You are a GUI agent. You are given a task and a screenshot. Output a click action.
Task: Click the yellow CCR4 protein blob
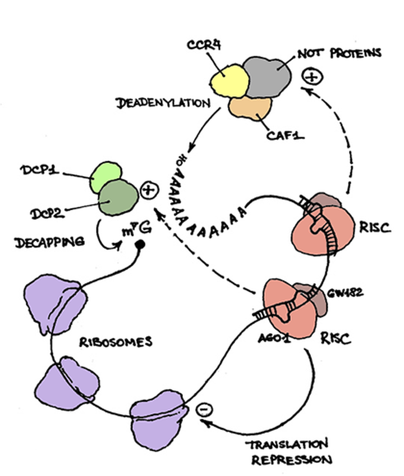(226, 78)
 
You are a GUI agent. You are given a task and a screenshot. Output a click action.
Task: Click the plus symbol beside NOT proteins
(312, 76)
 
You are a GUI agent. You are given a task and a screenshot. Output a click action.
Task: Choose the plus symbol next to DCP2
(149, 191)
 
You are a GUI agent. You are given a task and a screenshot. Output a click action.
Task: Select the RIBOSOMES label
(118, 342)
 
